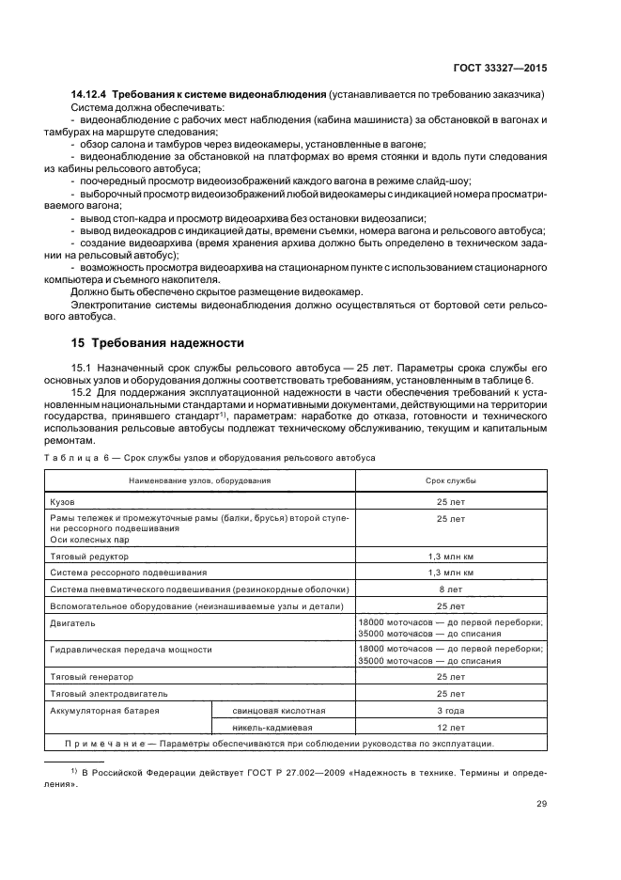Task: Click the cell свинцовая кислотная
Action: pos(278,710)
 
